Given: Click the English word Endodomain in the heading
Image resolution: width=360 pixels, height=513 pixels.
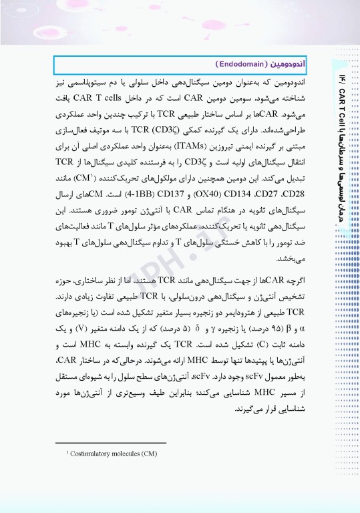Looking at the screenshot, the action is tap(241, 64).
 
